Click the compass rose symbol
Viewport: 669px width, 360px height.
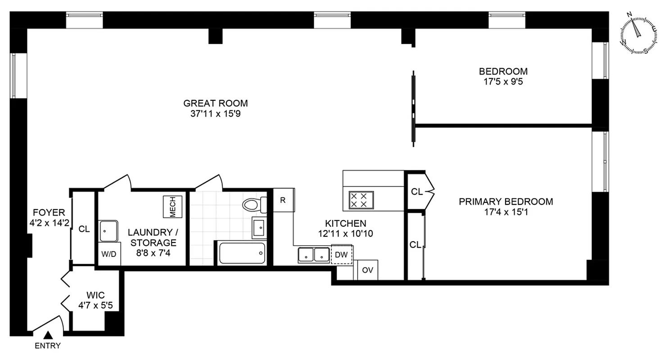(x=638, y=34)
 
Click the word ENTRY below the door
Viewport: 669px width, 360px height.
(x=47, y=346)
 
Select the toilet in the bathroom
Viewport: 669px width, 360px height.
(x=252, y=205)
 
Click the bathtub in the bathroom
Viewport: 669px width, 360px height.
(x=242, y=254)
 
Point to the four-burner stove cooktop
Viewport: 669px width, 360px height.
(x=361, y=200)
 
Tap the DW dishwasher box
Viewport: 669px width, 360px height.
(x=342, y=255)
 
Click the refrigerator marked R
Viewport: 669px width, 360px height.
(x=283, y=200)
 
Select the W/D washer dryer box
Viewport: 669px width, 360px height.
(x=108, y=254)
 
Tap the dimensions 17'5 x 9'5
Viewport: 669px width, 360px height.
(x=503, y=82)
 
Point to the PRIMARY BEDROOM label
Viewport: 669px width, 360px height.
(x=506, y=202)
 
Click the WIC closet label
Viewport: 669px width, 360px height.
(x=95, y=295)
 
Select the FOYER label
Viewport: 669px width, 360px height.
(x=49, y=212)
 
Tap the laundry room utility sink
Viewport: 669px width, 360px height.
(x=108, y=231)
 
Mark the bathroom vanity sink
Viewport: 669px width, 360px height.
(x=259, y=228)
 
